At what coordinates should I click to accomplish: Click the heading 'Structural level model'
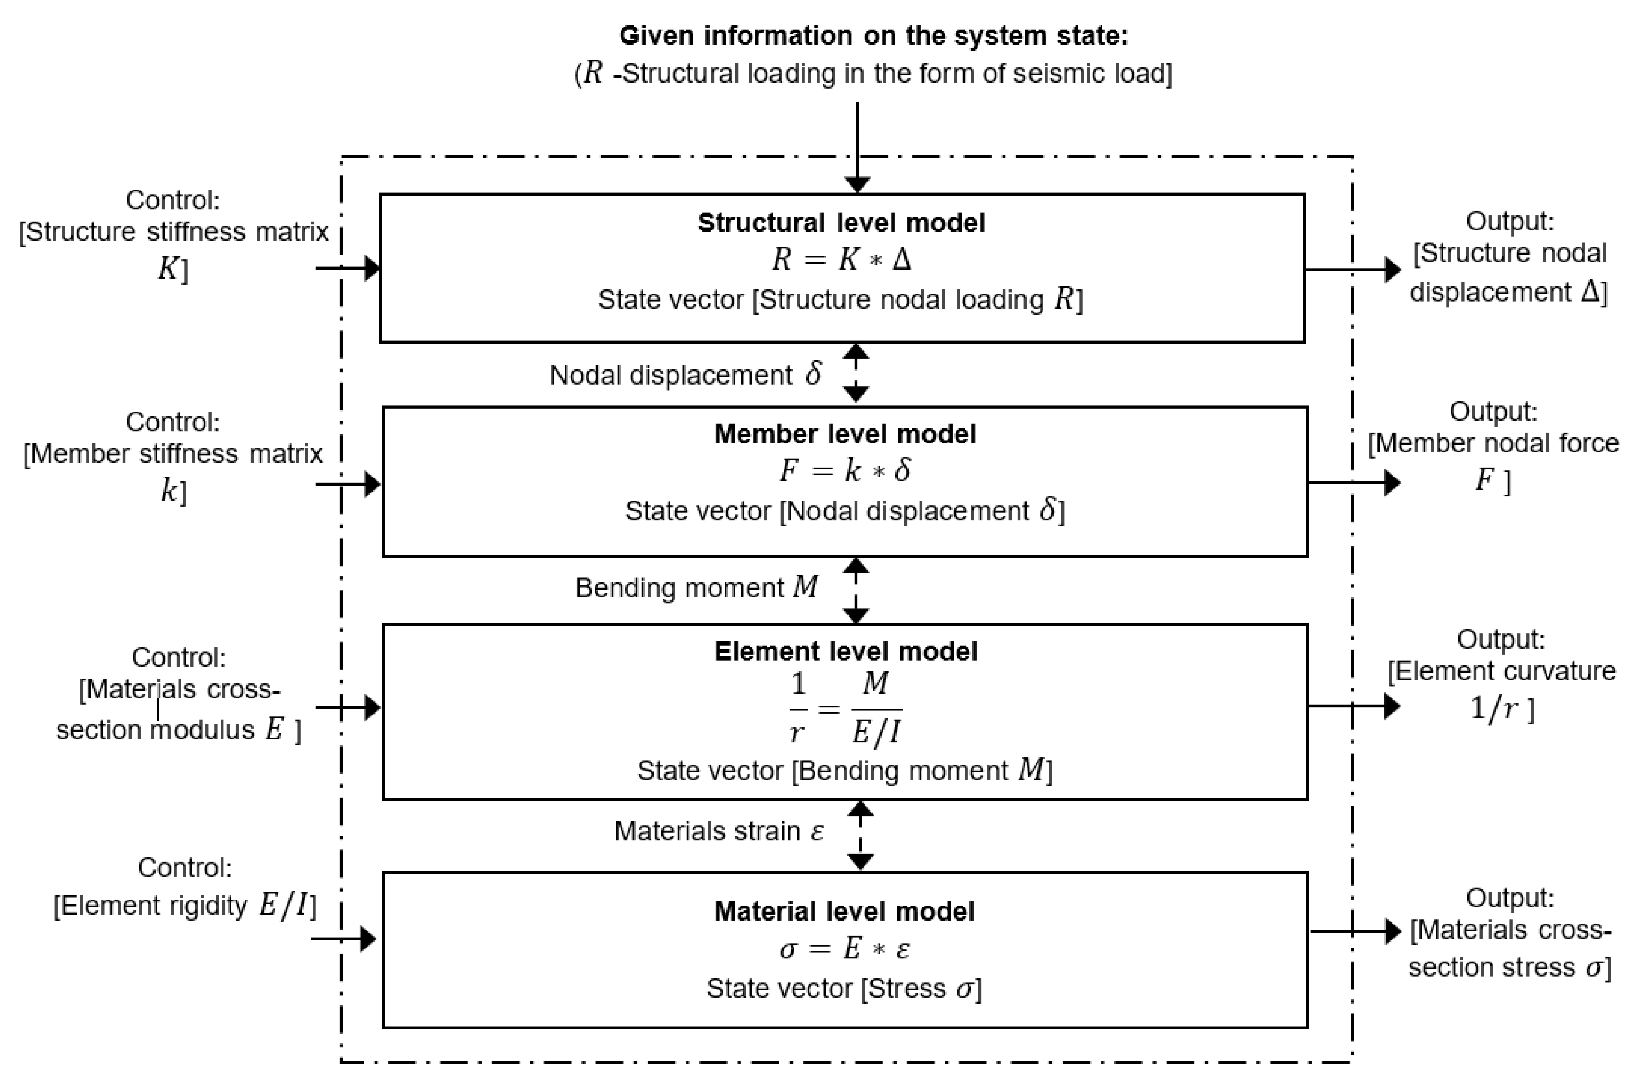pyautogui.click(x=841, y=222)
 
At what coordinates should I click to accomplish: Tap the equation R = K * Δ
pyautogui.click(x=841, y=260)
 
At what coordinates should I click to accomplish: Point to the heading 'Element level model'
pyautogui.click(x=845, y=651)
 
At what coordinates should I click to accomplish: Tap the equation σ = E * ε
pyautogui.click(x=844, y=949)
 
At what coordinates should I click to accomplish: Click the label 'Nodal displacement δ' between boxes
pyautogui.click(x=685, y=374)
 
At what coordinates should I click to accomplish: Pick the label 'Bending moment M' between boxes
pyautogui.click(x=696, y=588)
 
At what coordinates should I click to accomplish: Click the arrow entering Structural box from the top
pyautogui.click(x=857, y=148)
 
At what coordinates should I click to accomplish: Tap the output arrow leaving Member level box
pyautogui.click(x=1353, y=482)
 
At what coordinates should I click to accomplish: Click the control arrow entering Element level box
pyautogui.click(x=348, y=707)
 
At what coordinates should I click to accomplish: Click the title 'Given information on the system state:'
pyautogui.click(x=873, y=35)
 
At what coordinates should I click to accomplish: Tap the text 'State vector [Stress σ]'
pyautogui.click(x=844, y=988)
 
